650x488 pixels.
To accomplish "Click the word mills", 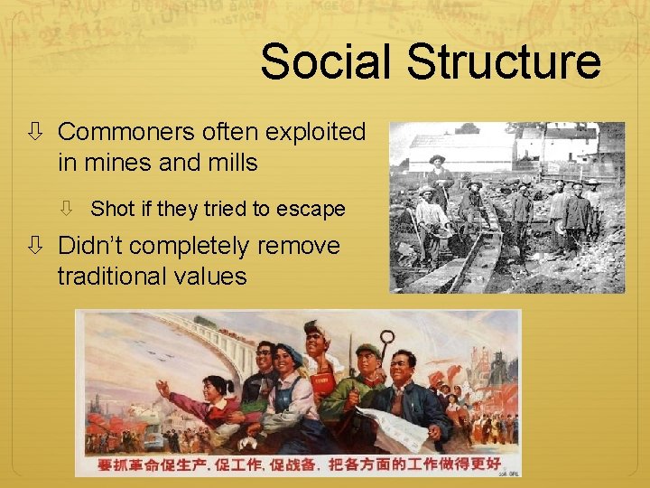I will pyautogui.click(x=230, y=163).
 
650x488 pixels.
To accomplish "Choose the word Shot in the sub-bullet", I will pyautogui.click(x=112, y=209).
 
